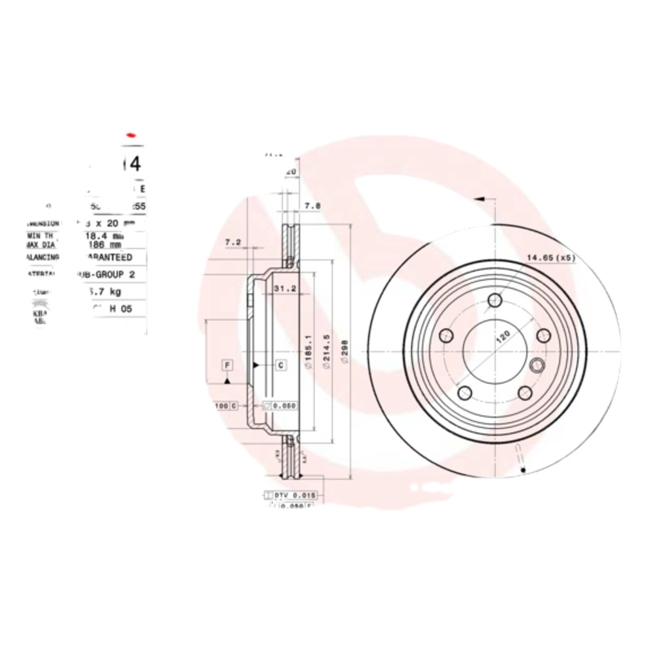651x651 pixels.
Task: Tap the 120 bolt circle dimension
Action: coord(503,335)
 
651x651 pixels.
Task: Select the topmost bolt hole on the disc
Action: coord(495,303)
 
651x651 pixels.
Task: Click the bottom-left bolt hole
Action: coord(465,393)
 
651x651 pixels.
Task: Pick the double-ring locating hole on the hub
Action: coord(538,366)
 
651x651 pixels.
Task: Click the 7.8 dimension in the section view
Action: coord(312,207)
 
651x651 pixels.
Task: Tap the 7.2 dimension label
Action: coord(233,242)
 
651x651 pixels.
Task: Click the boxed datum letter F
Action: coord(227,365)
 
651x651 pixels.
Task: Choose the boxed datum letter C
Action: coord(281,365)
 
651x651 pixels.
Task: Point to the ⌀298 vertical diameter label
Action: coord(344,352)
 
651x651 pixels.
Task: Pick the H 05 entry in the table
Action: coord(120,308)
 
